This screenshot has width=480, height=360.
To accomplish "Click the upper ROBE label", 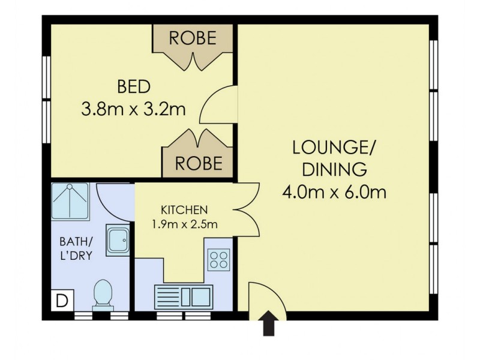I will (x=192, y=38).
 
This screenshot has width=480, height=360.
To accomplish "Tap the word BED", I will (x=133, y=86).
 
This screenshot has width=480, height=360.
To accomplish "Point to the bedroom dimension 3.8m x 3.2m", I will (x=133, y=109).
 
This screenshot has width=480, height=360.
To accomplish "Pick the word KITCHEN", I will (x=184, y=210).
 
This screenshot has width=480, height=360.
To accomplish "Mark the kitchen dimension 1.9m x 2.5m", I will (x=184, y=225).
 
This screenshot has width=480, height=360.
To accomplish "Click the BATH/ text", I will (x=75, y=242).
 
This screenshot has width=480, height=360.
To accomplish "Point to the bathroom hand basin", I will (x=116, y=241).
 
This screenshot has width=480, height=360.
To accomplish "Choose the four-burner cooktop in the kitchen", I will (x=219, y=259).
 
